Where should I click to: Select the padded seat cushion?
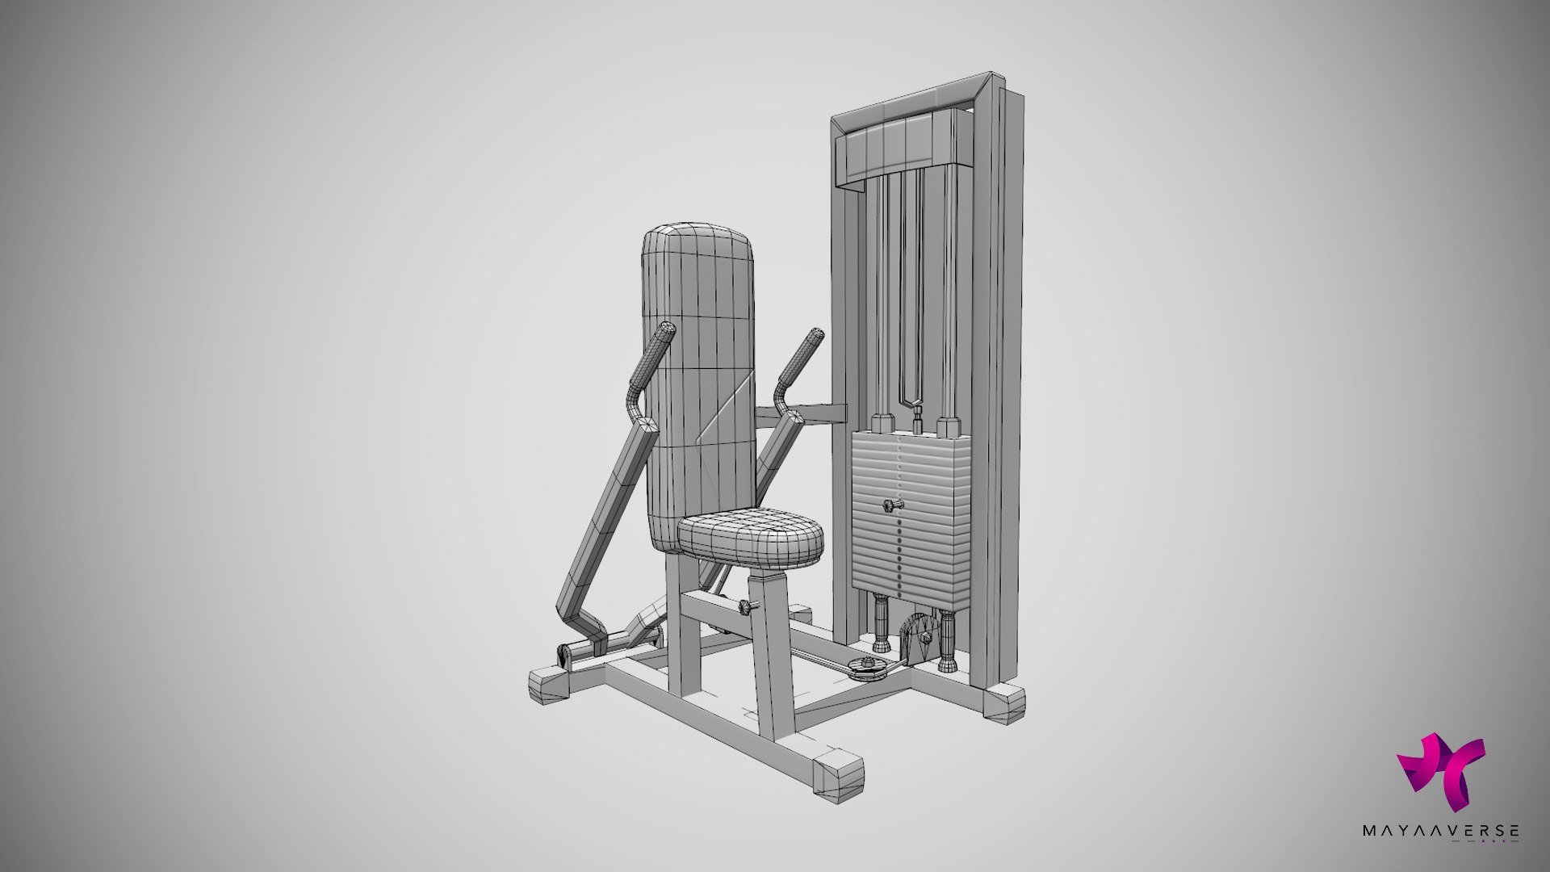(x=751, y=538)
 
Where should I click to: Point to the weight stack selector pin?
(x=890, y=506)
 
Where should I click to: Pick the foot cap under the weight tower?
(x=1003, y=703)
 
